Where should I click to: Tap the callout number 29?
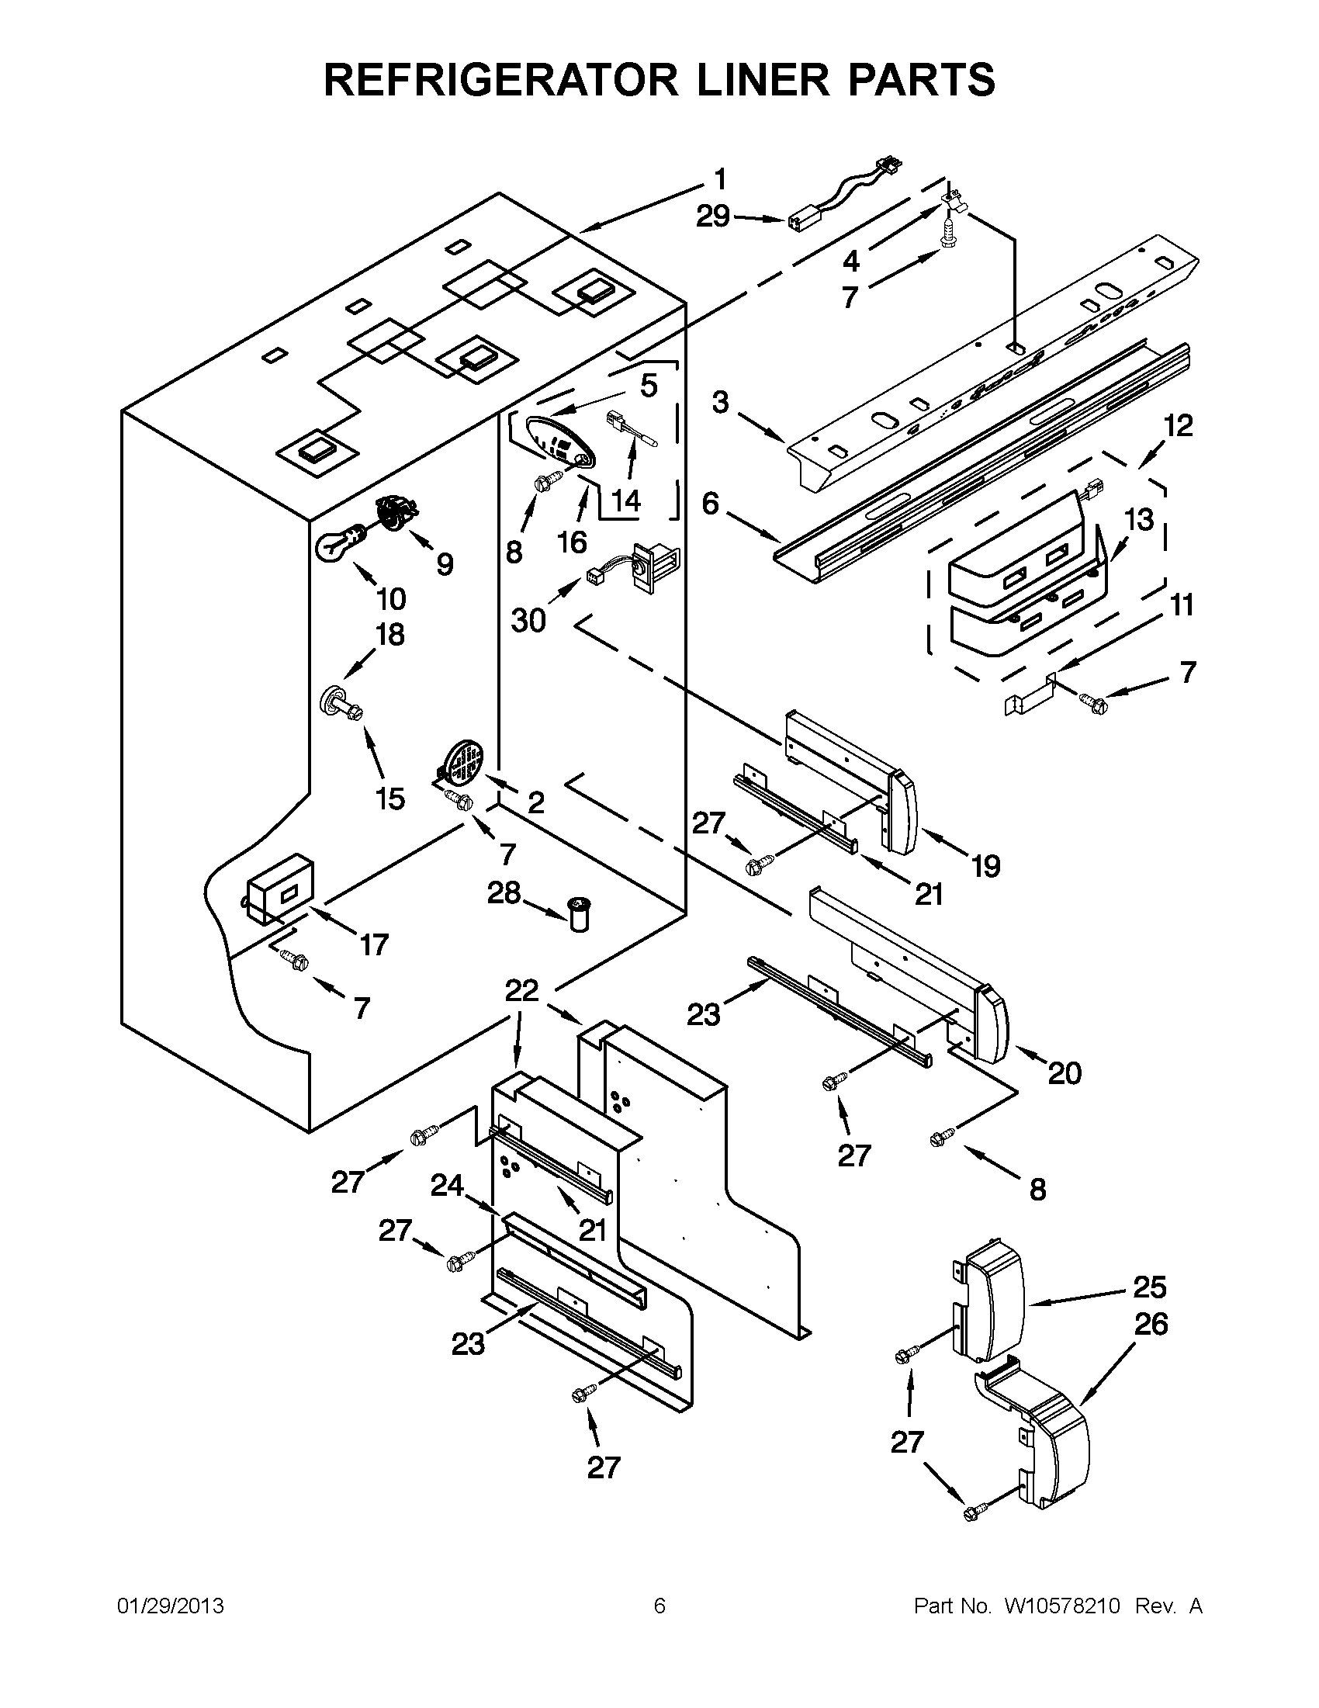click(713, 217)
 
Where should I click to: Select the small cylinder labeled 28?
click(580, 914)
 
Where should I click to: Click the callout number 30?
click(528, 621)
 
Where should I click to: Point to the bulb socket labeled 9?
click(399, 512)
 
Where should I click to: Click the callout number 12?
click(1179, 426)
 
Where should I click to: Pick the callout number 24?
click(447, 1187)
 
